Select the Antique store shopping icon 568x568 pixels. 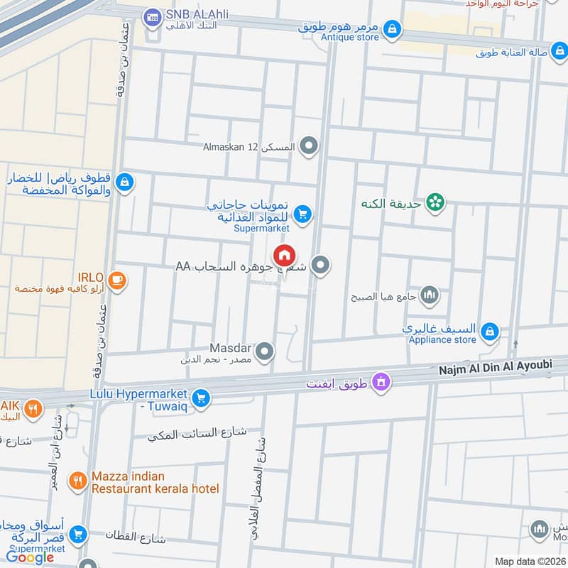tap(392, 30)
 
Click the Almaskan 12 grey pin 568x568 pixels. tap(308, 147)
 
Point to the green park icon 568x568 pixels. tap(435, 203)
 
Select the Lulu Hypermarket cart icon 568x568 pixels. tap(202, 398)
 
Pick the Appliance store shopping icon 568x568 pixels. tap(489, 331)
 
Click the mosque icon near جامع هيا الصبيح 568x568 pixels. tap(430, 295)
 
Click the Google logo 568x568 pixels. tap(31, 557)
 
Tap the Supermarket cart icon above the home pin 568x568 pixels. tap(303, 213)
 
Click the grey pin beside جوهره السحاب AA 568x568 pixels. tap(321, 266)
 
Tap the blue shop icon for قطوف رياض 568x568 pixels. tap(124, 182)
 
